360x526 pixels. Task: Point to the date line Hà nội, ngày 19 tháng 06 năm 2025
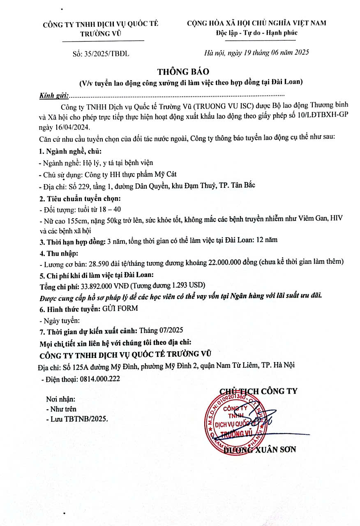[256, 52]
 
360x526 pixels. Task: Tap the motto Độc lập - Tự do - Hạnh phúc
[256, 33]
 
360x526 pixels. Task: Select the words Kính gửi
[54, 96]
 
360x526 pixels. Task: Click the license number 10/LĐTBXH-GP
[322, 116]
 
